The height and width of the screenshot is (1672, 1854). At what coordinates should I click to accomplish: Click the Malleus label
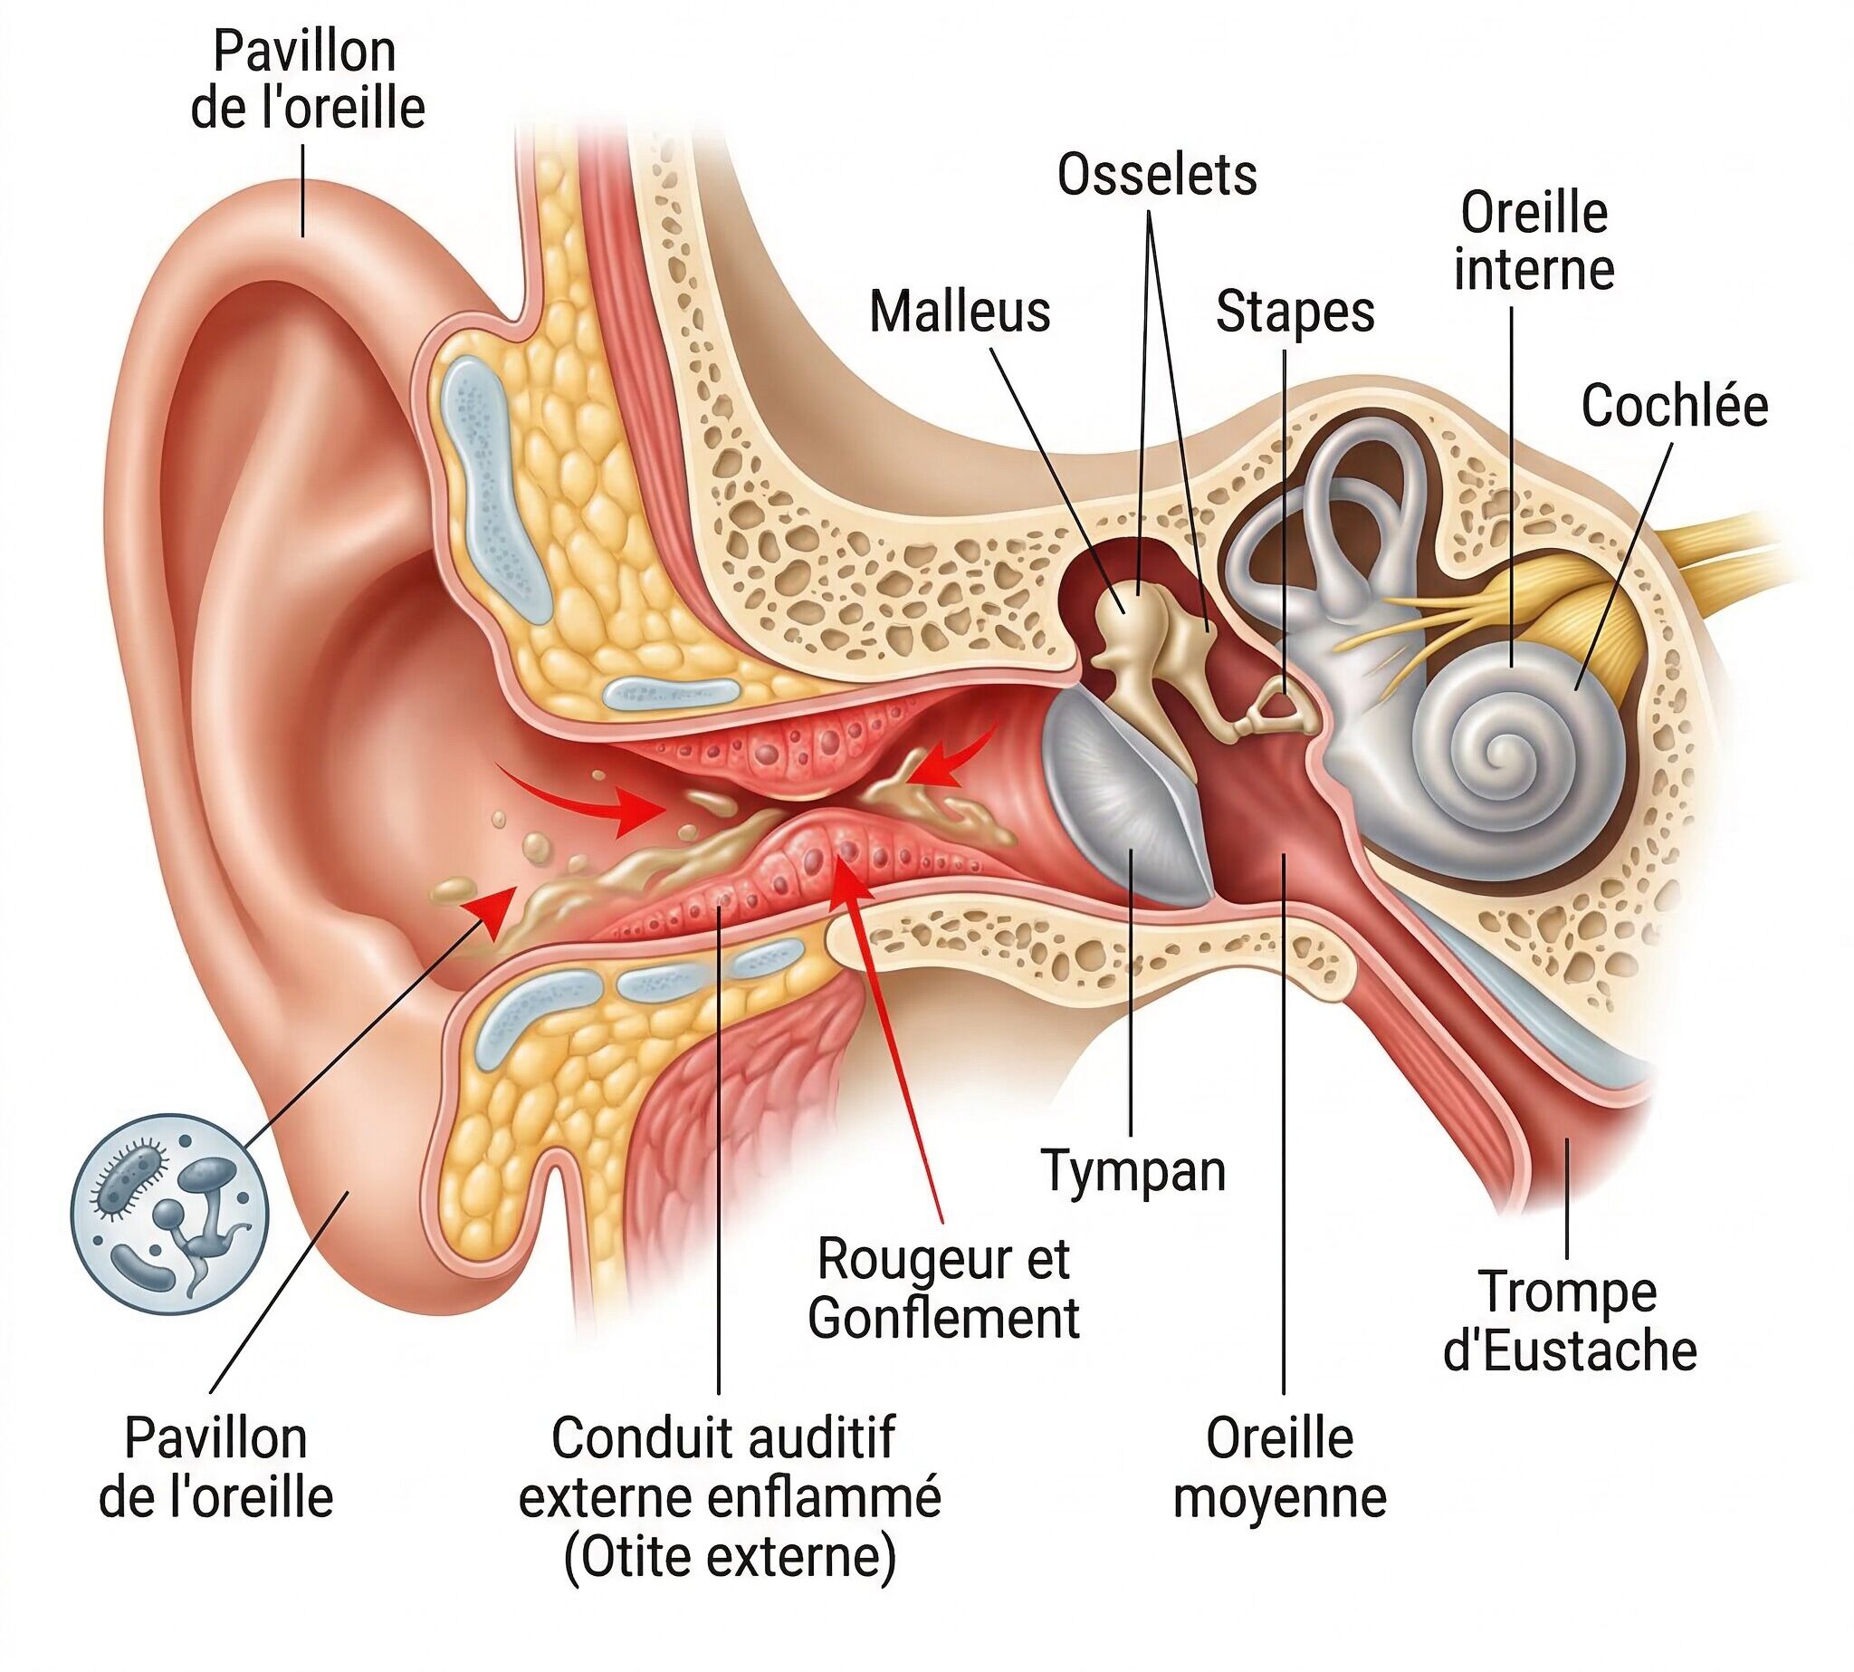[960, 312]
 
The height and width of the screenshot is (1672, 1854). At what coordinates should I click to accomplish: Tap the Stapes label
[1295, 312]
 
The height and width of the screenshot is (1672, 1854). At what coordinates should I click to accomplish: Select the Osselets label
[1157, 175]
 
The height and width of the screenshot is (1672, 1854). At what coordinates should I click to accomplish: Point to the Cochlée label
[1674, 406]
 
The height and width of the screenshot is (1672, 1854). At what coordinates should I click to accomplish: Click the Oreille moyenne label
[1279, 1468]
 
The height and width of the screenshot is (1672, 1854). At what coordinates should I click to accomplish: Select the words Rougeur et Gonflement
[943, 1288]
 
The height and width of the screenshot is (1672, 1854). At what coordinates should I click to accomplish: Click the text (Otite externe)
[730, 1556]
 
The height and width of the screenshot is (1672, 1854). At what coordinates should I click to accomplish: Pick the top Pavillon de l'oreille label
[307, 80]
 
